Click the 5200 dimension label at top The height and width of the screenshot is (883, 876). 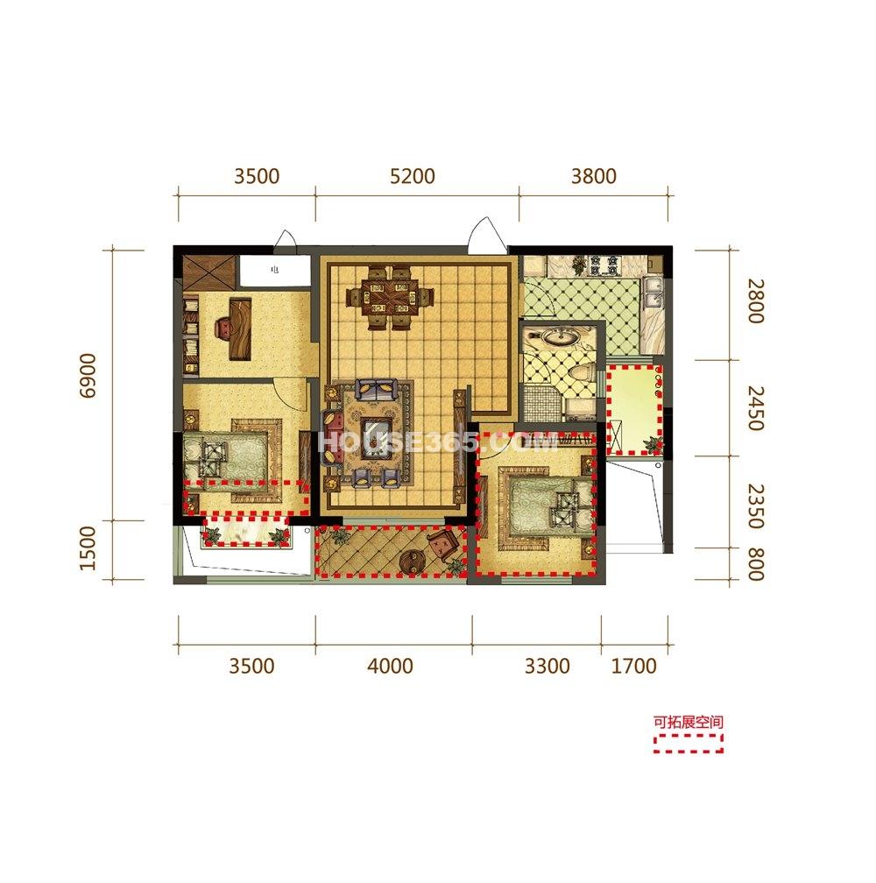click(x=413, y=176)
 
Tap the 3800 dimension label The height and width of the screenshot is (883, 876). click(x=594, y=176)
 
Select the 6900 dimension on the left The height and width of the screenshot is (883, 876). click(x=88, y=376)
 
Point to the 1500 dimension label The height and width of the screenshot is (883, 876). click(x=88, y=548)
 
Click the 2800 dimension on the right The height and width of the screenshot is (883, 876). click(x=755, y=300)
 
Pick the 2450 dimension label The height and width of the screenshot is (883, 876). click(x=755, y=407)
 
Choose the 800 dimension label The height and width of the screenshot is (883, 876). click(x=755, y=564)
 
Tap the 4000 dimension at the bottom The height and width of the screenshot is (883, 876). click(x=390, y=666)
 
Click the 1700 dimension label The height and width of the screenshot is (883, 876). click(x=634, y=666)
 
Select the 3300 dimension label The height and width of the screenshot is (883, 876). click(x=547, y=666)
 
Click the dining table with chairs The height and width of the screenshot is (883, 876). click(x=390, y=296)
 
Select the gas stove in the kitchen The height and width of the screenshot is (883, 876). click(x=604, y=265)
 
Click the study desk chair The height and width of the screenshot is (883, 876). click(x=223, y=328)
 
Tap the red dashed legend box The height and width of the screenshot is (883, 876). click(x=688, y=743)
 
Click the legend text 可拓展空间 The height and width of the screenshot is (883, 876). click(x=688, y=722)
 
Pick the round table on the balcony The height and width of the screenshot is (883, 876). click(x=412, y=562)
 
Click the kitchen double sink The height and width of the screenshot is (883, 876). click(x=653, y=293)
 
